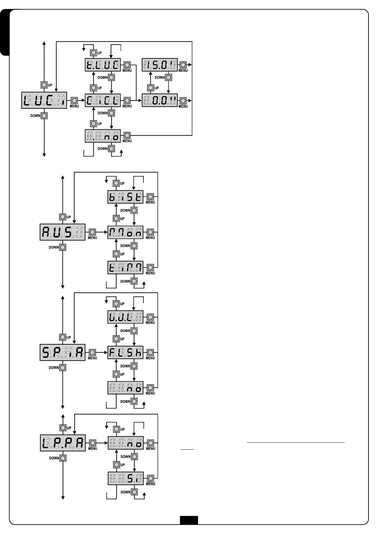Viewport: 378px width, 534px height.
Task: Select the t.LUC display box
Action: [x=103, y=65]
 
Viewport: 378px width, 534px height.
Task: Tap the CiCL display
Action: [x=103, y=101]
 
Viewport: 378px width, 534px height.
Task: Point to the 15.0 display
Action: [x=160, y=65]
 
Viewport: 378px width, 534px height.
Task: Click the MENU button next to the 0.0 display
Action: [x=183, y=101]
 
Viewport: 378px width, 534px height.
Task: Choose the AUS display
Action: [x=63, y=232]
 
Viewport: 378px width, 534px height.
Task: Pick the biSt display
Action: [x=125, y=197]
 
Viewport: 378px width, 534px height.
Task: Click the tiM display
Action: [x=125, y=268]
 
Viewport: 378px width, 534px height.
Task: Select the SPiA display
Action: [x=63, y=352]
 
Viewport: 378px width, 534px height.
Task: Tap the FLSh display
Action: [x=125, y=352]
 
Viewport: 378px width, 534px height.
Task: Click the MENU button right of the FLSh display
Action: [x=150, y=352]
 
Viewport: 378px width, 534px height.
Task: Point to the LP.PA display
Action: [x=63, y=443]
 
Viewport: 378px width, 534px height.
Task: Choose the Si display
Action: [x=126, y=478]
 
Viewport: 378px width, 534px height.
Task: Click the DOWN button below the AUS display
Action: [x=63, y=247]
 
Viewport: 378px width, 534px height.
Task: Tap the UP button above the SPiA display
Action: [x=63, y=337]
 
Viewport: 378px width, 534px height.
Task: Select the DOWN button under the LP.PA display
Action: [x=63, y=458]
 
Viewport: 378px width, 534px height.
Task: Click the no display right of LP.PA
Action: [x=126, y=443]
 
